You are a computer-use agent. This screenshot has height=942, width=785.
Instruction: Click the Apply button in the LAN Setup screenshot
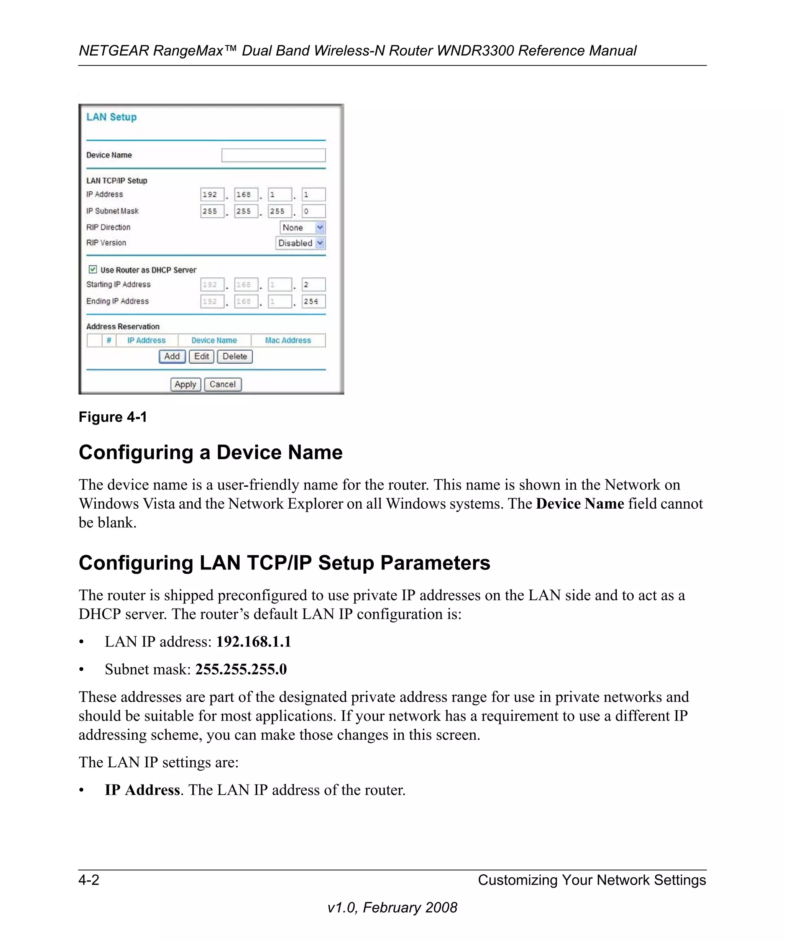coord(185,384)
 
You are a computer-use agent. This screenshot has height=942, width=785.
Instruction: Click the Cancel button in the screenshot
coord(222,384)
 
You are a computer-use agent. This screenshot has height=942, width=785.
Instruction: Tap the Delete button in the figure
coord(235,357)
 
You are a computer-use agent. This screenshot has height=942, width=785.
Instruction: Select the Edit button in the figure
coord(201,357)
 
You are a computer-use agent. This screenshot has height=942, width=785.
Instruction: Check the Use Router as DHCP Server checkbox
coord(93,269)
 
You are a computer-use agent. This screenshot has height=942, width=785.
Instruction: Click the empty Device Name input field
coord(273,155)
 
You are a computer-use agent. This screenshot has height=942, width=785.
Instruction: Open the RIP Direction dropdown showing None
coord(302,227)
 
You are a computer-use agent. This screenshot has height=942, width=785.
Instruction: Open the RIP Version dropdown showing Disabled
coord(300,243)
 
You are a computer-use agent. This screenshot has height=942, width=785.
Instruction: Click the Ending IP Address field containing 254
coord(313,302)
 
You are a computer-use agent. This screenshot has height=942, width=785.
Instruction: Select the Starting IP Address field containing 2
coord(313,285)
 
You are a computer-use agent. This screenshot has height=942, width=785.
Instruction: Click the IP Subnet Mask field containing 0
coord(313,211)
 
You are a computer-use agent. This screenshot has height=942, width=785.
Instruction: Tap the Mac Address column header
coord(288,340)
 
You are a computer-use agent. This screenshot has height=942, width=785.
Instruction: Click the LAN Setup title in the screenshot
coord(111,117)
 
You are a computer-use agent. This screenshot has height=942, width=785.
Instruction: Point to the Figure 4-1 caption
coord(113,417)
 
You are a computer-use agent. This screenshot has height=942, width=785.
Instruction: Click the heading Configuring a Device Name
coord(210,452)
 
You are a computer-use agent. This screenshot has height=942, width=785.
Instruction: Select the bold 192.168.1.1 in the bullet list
coord(253,642)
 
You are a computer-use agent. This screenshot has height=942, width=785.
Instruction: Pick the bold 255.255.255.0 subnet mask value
coord(241,669)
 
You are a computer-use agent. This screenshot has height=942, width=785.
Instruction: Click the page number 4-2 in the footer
coord(89,880)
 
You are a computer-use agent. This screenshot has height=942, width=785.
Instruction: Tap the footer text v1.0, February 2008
coord(392,908)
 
